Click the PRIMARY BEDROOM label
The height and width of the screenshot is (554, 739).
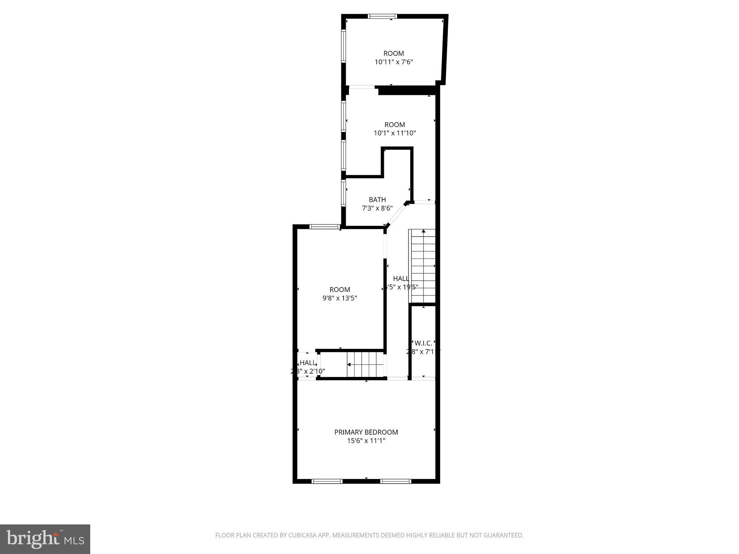366,432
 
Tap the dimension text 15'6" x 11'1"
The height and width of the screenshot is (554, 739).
366,441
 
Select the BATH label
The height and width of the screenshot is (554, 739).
377,199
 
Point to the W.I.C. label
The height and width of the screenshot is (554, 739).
423,343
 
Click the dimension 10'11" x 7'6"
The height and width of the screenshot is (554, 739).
394,62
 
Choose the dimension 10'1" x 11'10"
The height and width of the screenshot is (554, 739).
395,133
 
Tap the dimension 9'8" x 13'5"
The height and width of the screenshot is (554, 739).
340,298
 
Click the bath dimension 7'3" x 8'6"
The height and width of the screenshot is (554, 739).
377,208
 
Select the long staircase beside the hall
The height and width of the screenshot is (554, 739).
422,266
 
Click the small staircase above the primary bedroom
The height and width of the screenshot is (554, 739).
365,364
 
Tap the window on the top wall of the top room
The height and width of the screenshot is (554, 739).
382,16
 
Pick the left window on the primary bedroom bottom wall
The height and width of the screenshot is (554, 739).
327,481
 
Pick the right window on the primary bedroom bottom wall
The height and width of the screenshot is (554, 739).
395,481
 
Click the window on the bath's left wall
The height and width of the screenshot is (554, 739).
344,193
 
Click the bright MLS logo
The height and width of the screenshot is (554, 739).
45,539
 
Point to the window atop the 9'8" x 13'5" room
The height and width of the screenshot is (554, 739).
325,227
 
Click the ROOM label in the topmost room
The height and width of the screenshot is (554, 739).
394,53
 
